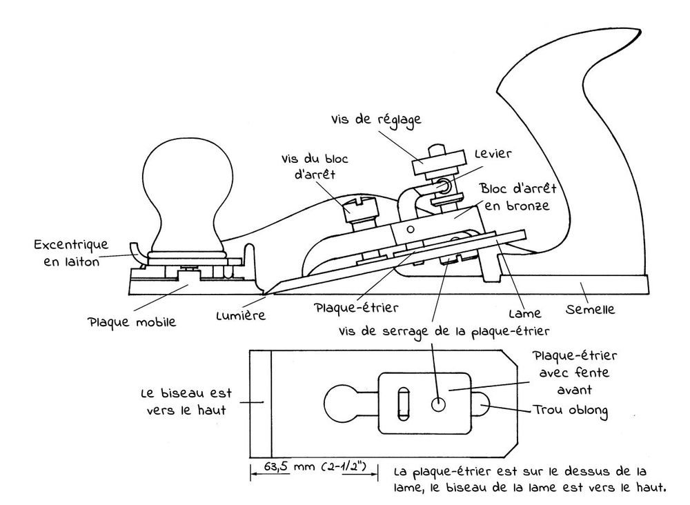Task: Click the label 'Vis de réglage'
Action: tap(376, 120)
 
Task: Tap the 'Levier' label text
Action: tap(493, 154)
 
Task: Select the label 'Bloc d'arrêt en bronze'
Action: tap(518, 197)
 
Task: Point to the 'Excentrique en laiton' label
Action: tap(71, 253)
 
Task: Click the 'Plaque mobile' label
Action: tap(132, 322)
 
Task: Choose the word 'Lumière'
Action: tap(241, 315)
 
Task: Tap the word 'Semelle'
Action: tap(590, 309)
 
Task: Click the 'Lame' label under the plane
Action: tap(524, 313)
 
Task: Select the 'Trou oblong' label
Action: tap(571, 410)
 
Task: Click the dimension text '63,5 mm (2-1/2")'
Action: tap(315, 466)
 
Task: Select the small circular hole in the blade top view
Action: tap(438, 404)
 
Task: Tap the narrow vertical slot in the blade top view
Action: tap(403, 403)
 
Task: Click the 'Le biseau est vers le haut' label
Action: tap(186, 402)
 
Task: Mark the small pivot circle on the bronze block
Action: tap(410, 229)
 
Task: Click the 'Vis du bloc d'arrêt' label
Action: tap(315, 167)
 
